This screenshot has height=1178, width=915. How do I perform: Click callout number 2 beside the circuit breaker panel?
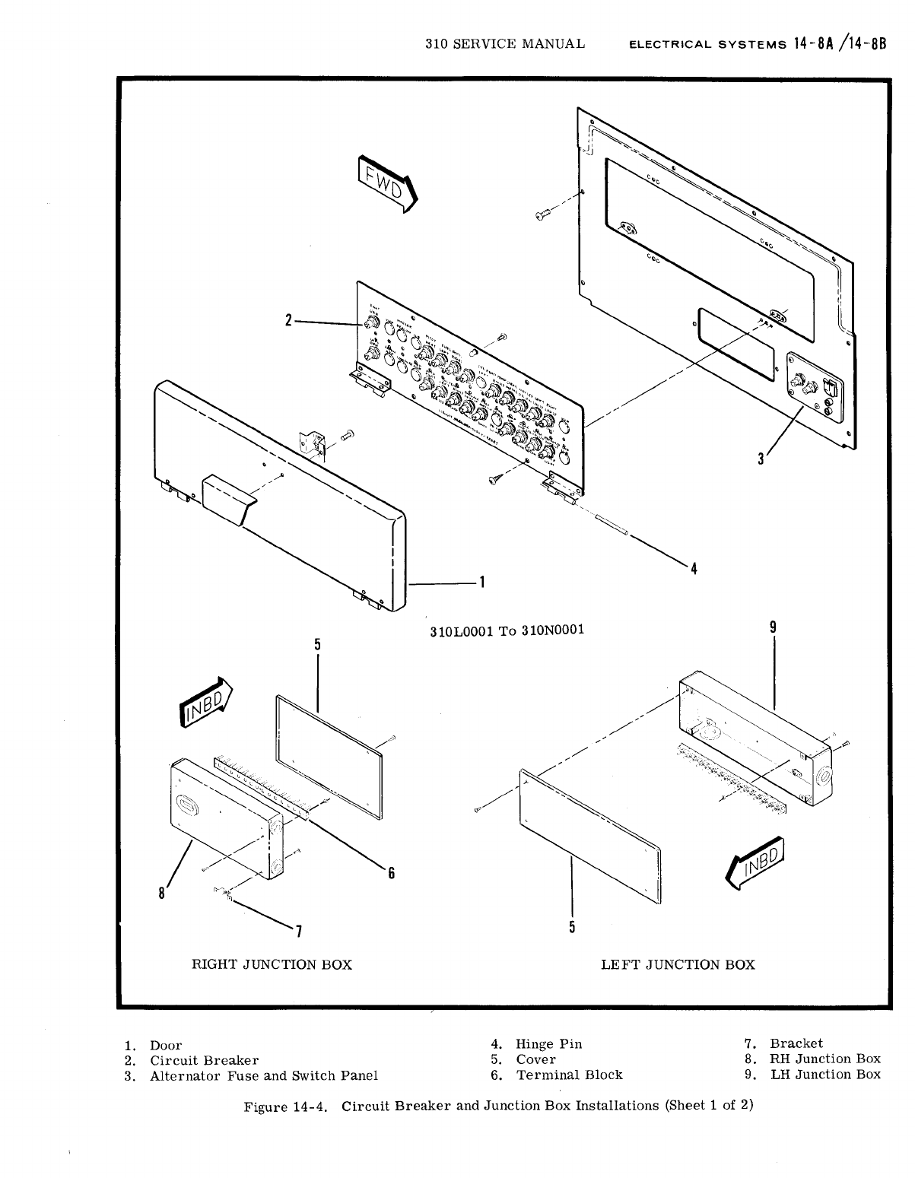pyautogui.click(x=288, y=321)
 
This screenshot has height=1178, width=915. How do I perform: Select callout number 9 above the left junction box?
pyautogui.click(x=773, y=627)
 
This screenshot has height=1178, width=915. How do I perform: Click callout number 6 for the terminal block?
pyautogui.click(x=391, y=874)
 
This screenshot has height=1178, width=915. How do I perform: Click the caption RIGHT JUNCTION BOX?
pyautogui.click(x=272, y=965)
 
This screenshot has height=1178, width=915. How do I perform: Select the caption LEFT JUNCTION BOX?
pyautogui.click(x=678, y=965)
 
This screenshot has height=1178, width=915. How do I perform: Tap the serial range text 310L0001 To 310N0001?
pyautogui.click(x=507, y=630)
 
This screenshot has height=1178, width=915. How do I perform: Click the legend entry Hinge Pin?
pyautogui.click(x=548, y=1044)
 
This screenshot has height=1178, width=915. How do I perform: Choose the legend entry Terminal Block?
pyautogui.click(x=569, y=1075)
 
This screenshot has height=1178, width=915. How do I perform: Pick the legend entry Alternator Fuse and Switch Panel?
pyautogui.click(x=263, y=1075)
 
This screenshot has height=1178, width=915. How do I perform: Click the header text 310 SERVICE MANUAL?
pyautogui.click(x=505, y=43)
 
